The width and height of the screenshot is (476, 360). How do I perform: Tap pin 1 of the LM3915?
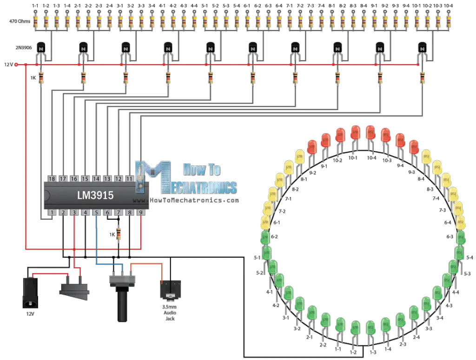[x=52, y=213]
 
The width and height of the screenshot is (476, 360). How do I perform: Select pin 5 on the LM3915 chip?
[x=96, y=213]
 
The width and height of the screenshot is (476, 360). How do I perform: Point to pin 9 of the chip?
[x=140, y=213]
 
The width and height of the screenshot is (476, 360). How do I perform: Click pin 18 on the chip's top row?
[x=52, y=178]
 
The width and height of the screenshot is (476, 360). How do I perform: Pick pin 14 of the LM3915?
[x=96, y=178]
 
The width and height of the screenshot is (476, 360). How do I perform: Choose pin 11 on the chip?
[x=130, y=178]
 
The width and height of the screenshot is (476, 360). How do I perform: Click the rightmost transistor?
[x=422, y=47]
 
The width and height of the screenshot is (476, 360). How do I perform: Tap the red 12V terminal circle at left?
[x=17, y=64]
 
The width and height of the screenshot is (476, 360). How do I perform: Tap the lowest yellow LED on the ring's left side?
[x=266, y=222]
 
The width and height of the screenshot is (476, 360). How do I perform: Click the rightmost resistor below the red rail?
[x=422, y=78]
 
